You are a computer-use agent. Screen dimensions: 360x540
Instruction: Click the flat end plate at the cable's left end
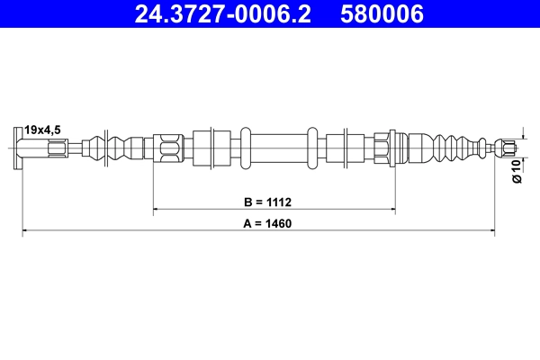(19, 147)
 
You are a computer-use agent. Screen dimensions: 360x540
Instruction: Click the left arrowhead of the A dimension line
(26, 231)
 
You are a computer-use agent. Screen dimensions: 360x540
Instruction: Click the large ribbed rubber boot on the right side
(441, 147)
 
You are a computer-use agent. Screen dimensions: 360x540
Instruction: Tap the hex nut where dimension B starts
(168, 147)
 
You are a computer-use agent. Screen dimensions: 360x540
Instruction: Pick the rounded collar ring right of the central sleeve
(312, 147)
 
